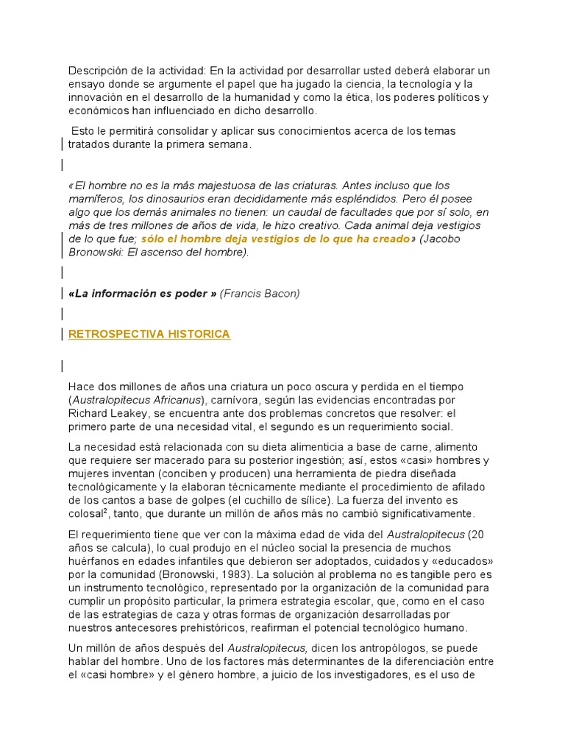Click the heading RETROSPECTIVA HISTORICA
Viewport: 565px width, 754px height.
(x=149, y=334)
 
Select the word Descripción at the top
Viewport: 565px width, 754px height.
(x=98, y=71)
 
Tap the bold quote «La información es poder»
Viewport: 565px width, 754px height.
(x=142, y=294)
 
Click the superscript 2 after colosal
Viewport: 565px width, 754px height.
(x=107, y=510)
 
